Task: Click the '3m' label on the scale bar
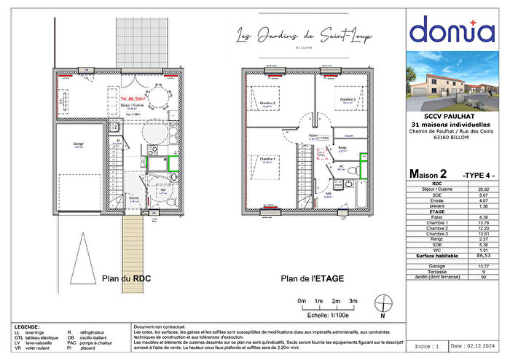[x=354, y=301]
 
